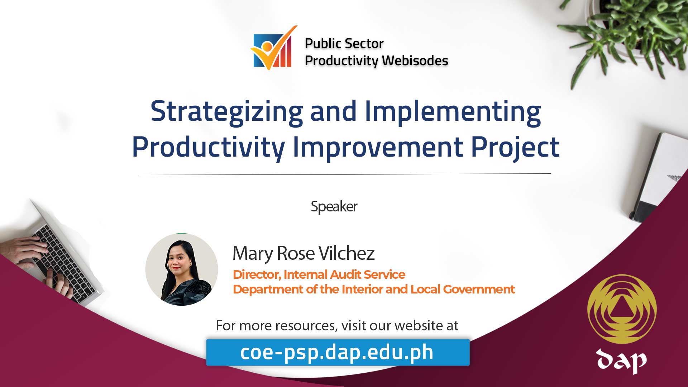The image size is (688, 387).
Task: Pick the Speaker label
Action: [334, 206]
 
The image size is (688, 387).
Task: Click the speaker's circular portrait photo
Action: [182, 269]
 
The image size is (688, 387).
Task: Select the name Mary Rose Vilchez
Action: [304, 253]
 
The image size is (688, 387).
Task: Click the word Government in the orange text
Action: [479, 289]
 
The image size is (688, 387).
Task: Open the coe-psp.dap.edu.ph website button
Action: [338, 352]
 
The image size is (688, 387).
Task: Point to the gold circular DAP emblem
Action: [622, 309]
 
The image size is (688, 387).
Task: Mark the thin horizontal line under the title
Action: [345, 175]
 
